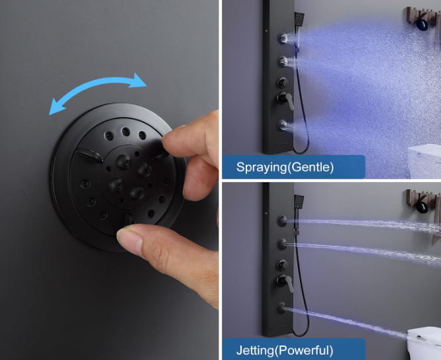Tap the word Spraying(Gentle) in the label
coord(285,167)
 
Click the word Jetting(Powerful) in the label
coord(285,350)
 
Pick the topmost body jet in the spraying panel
coord(283,38)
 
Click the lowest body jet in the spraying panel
coord(283,125)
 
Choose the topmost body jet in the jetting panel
coord(282,221)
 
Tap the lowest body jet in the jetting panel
coord(281,308)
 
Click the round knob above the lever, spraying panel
coord(283,83)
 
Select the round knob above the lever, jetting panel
coord(282,265)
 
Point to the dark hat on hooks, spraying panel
coord(422,24)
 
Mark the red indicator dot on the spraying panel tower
coord(266,30)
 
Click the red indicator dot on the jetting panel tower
coord(266,214)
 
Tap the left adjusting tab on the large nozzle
coord(89,155)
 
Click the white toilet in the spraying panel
coord(424,161)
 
